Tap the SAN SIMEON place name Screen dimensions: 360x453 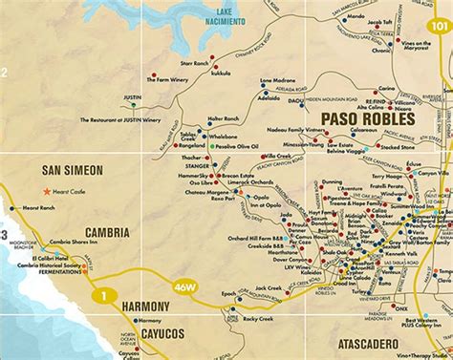pyautogui.click(x=73, y=171)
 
